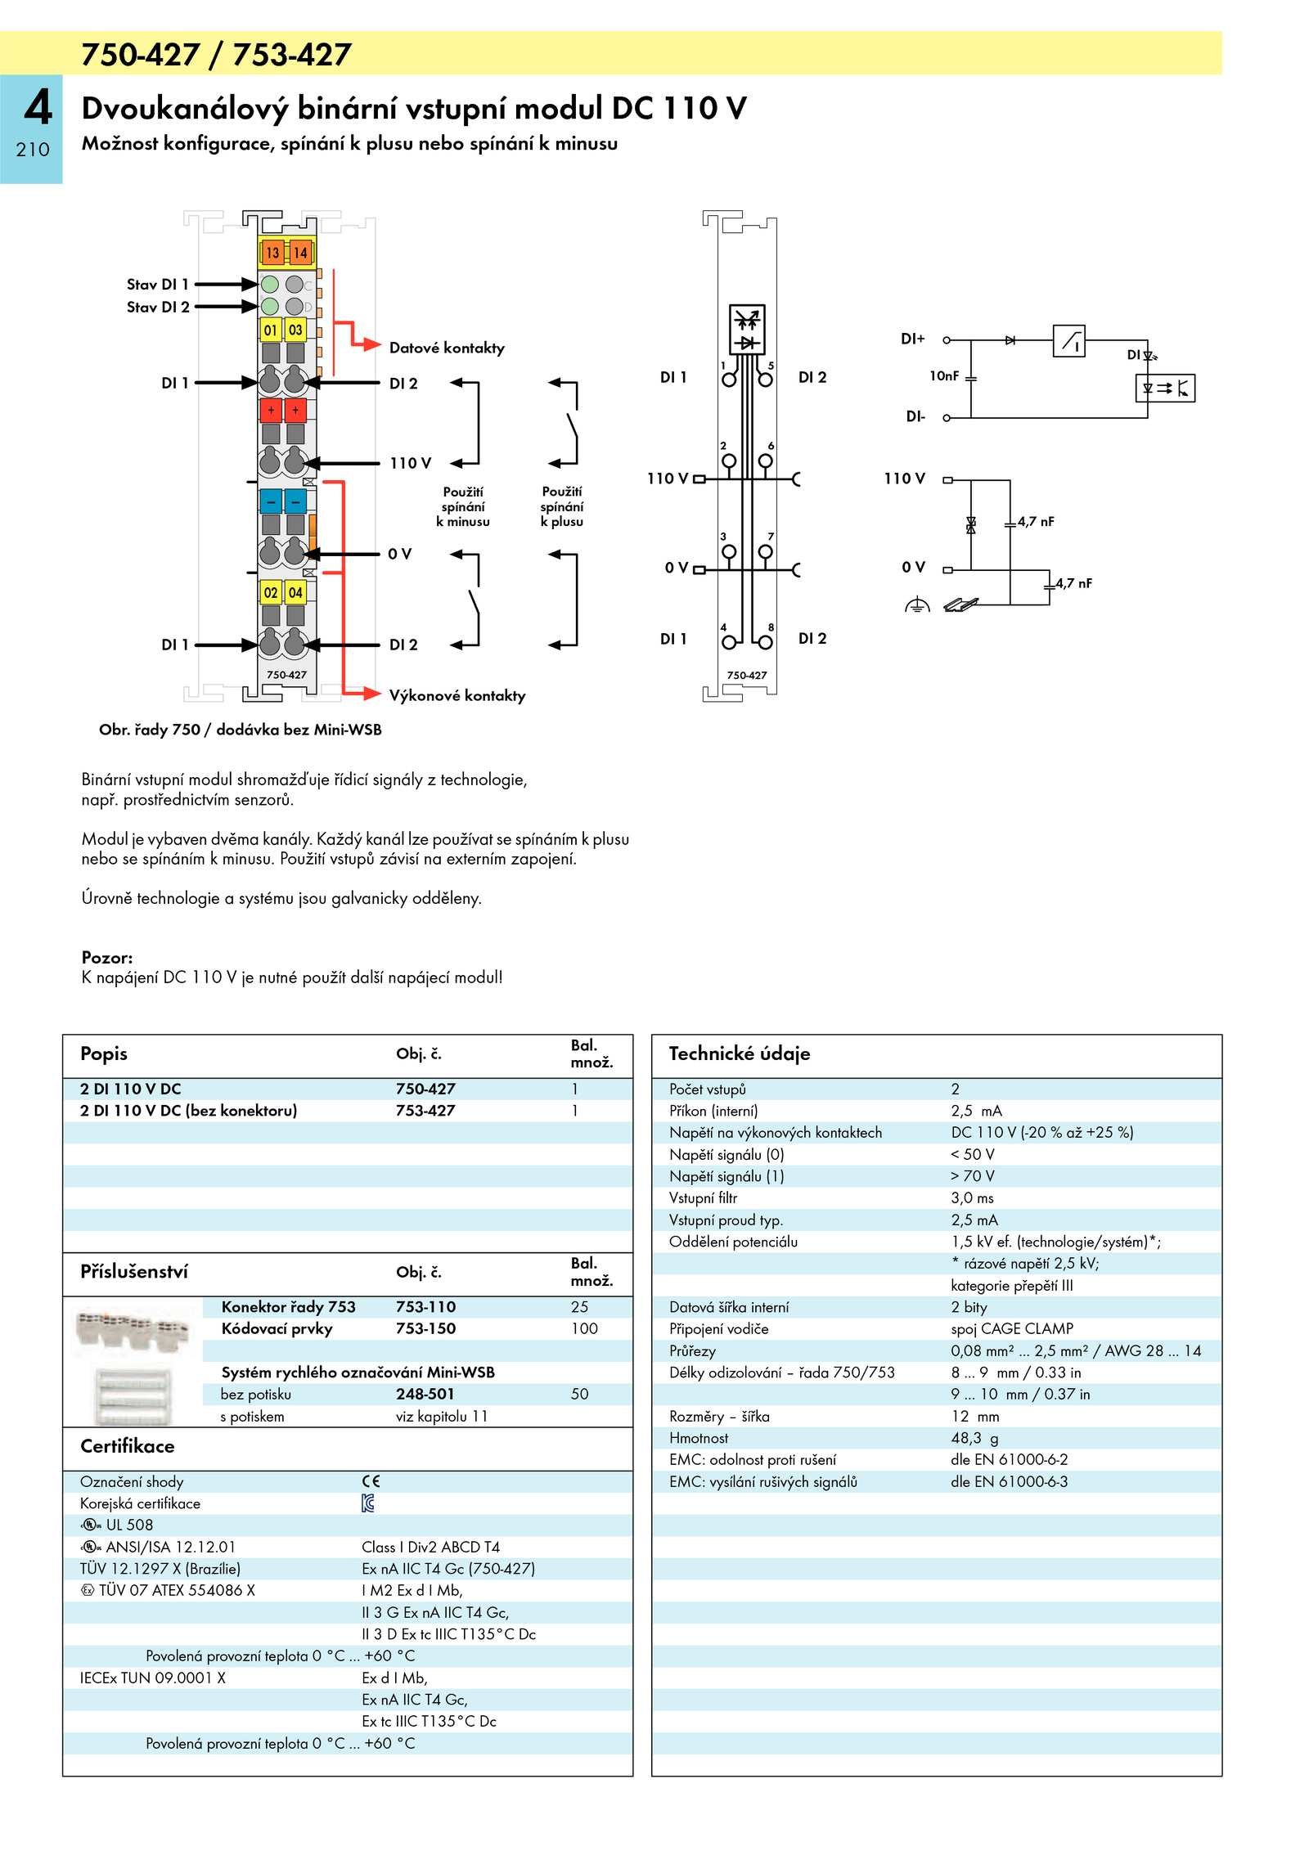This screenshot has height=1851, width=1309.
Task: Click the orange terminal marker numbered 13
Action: (x=272, y=252)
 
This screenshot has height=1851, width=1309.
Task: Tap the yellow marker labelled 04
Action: (x=295, y=592)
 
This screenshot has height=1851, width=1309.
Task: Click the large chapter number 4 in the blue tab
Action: (x=38, y=107)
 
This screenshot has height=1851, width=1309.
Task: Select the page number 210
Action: (x=33, y=150)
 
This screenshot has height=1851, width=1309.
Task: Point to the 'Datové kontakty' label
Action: (x=447, y=348)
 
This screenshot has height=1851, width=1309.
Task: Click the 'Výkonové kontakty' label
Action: (x=457, y=695)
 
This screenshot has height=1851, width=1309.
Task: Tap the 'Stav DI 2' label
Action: (x=158, y=307)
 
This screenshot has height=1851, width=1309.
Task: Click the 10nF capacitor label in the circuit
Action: (x=943, y=375)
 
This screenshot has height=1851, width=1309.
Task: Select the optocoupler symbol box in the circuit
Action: (x=1166, y=388)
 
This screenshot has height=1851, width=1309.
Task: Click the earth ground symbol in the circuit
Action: (x=917, y=605)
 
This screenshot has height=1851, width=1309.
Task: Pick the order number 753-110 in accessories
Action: (x=425, y=1307)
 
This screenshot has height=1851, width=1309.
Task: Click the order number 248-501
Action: (x=425, y=1394)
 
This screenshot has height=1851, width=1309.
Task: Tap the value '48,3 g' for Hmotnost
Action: (x=974, y=1438)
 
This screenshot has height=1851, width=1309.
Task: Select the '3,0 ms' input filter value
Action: (x=972, y=1197)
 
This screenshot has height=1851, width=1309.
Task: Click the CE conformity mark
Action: (x=371, y=1481)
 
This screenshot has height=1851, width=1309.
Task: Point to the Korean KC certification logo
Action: (x=368, y=1503)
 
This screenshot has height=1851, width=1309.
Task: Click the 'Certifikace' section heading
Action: (x=128, y=1446)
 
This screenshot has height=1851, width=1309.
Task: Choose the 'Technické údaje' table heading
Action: (x=740, y=1054)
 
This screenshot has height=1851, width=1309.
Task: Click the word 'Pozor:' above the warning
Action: (x=107, y=957)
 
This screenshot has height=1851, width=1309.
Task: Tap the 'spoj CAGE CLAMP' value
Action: (x=1012, y=1328)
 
